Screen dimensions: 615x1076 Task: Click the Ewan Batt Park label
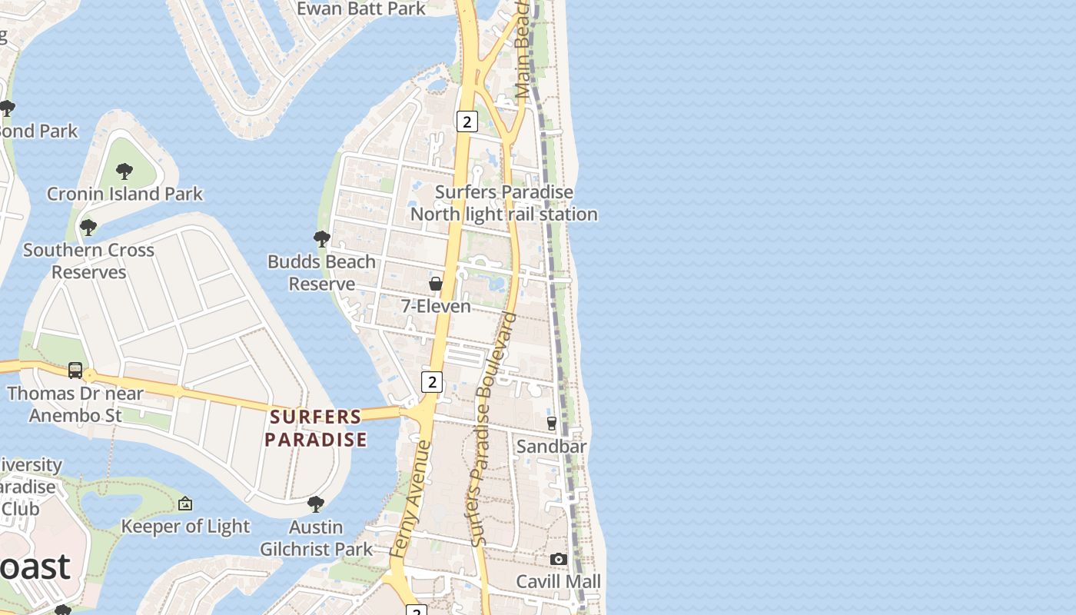360,8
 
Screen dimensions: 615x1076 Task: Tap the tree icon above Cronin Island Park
125,171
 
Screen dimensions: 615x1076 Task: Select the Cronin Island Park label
125,194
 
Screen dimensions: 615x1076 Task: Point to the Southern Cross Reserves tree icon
88,228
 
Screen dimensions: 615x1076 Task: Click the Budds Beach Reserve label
321,273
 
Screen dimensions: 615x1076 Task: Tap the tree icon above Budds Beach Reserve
322,239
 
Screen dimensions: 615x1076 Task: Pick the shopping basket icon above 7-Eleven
436,284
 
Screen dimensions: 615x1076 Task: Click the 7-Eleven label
436,306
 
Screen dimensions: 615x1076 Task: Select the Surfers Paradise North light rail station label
503,203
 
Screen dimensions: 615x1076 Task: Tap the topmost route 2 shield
467,121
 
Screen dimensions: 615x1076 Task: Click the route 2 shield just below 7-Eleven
432,381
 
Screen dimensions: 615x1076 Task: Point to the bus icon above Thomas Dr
75,371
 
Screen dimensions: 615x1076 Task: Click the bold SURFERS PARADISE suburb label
316,428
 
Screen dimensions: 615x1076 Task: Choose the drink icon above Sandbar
551,423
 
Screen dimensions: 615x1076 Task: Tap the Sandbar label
551,446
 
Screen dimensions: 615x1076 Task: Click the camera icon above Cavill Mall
558,559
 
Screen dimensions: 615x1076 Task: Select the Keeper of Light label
185,527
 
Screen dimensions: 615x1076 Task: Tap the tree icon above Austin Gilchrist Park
315,504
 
